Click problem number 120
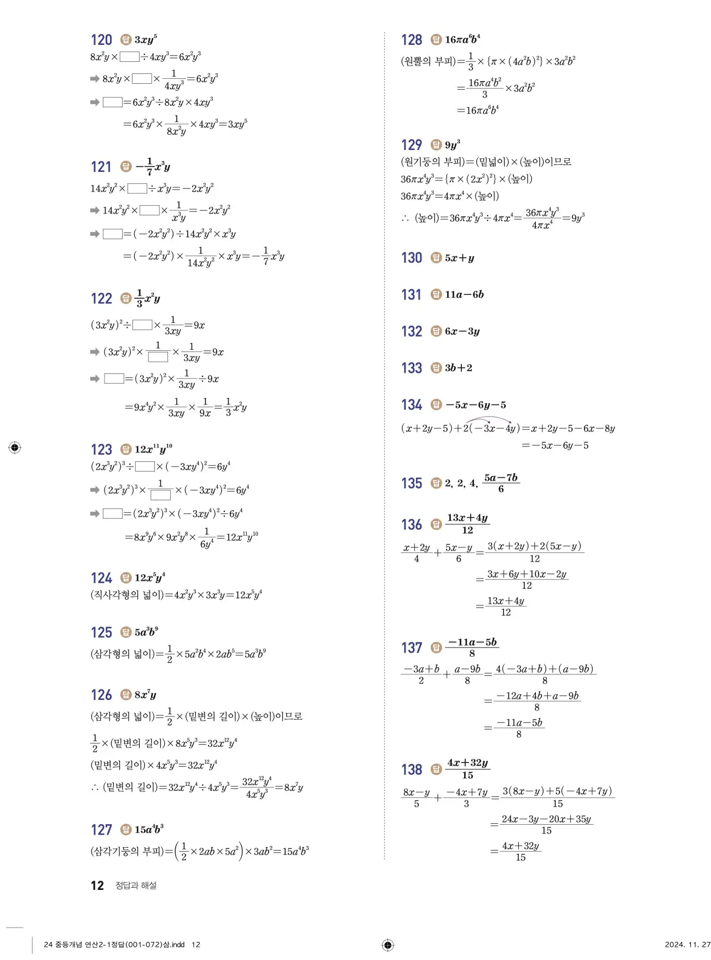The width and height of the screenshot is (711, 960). pos(101,40)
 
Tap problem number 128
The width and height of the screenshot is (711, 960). pos(412,40)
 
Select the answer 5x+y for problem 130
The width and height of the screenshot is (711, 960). pos(459,258)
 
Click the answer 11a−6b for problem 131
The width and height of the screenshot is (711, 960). pos(464,294)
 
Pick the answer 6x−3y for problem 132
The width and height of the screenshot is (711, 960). pos(462,331)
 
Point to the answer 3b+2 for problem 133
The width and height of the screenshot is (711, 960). pos(458,368)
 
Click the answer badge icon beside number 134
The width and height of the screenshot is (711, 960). pos(436,404)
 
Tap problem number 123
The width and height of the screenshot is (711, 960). pos(101,449)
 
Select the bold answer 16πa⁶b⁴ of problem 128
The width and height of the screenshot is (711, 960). pos(463,39)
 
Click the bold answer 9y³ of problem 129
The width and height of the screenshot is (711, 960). pos(452,144)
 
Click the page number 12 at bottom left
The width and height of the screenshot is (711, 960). pos(97,886)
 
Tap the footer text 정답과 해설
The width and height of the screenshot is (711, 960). pos(136,886)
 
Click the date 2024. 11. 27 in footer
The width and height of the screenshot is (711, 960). pos(687,944)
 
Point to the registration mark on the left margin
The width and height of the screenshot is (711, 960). pos(15,448)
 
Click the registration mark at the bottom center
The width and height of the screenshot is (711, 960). pos(388,945)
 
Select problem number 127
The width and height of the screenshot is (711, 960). pos(101,830)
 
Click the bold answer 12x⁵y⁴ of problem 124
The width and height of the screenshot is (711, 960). pos(149,577)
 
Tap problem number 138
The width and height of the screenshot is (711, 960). pos(412,770)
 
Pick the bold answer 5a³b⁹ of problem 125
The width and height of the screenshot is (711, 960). pos(146,632)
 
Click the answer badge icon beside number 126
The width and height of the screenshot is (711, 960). pos(126,695)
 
